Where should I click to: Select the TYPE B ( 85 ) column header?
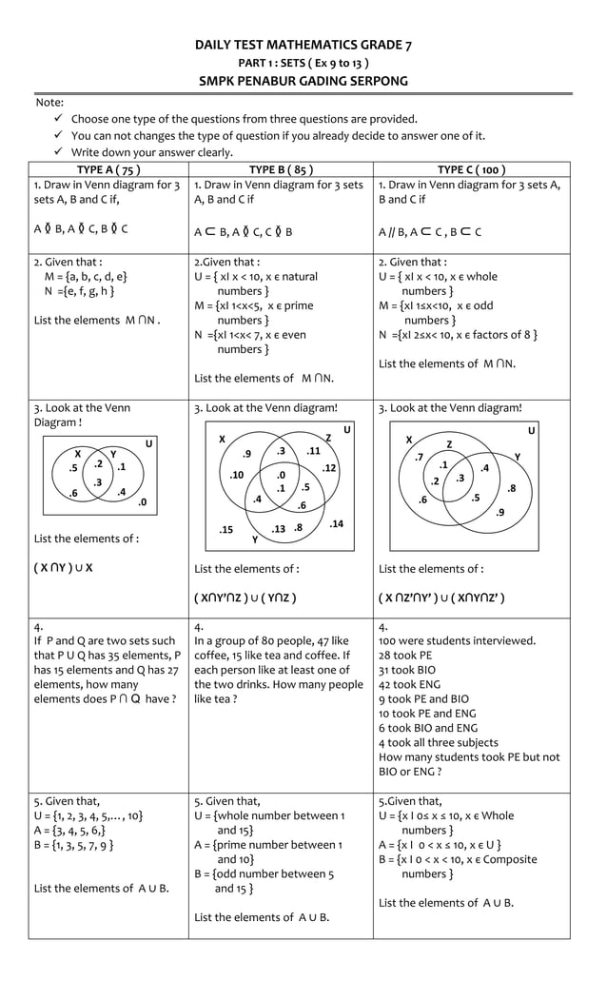tap(281, 170)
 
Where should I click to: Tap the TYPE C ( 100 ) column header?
tap(471, 170)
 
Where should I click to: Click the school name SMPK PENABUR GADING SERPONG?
tap(303, 81)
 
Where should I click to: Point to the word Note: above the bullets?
tap(49, 102)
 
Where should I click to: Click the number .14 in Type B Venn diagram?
tap(336, 524)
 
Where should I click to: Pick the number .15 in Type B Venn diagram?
tap(225, 529)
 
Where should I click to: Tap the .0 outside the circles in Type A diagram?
tap(141, 501)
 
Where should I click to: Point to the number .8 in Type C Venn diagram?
tap(511, 489)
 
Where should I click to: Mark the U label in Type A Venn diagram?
tap(148, 443)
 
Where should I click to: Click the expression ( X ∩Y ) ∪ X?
tap(63, 569)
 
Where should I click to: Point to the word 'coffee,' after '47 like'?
tap(211, 656)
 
